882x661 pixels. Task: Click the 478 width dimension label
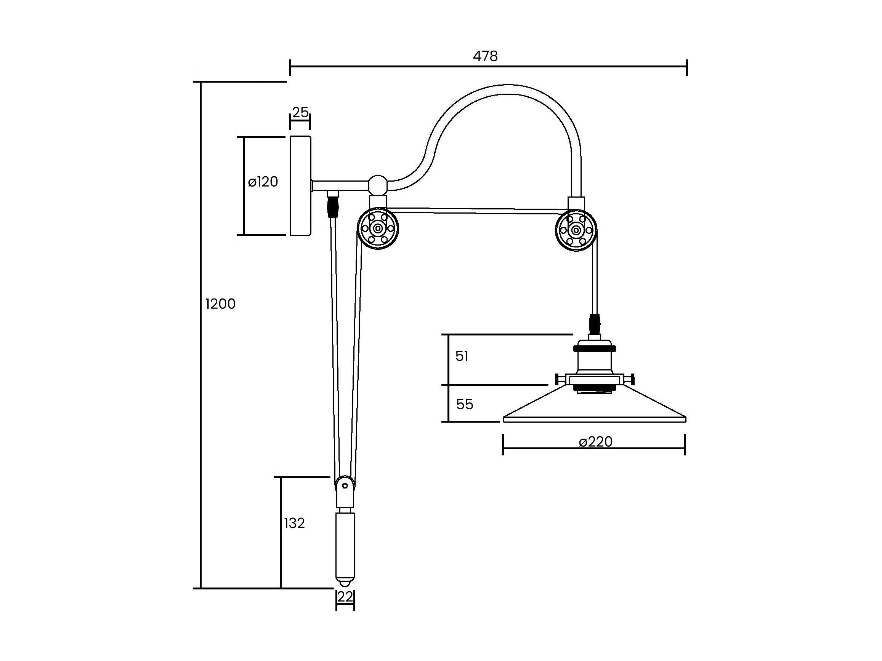click(485, 56)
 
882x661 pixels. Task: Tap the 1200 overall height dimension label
click(220, 304)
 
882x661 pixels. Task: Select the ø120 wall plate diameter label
click(263, 182)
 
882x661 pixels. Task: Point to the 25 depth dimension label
click(300, 112)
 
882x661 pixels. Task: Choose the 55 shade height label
click(465, 404)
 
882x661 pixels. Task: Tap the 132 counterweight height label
click(294, 523)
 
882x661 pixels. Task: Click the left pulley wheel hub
click(377, 229)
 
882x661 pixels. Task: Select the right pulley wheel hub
click(576, 230)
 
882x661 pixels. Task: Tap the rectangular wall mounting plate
click(301, 186)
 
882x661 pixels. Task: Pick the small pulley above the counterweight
click(345, 486)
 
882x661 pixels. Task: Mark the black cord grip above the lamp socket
click(594, 324)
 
